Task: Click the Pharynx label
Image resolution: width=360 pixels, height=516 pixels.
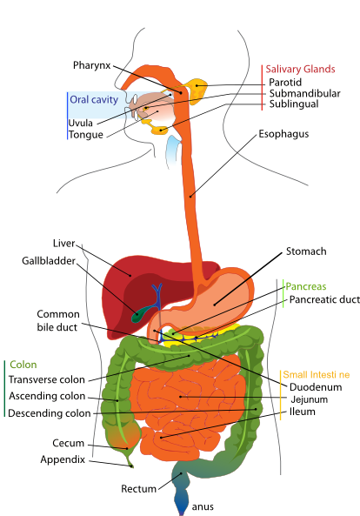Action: pos(91,65)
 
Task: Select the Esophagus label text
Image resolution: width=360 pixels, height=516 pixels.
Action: pos(283,134)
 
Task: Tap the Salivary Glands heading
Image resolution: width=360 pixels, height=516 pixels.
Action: pos(300,69)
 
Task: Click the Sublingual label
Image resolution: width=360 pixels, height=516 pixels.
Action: pos(293,104)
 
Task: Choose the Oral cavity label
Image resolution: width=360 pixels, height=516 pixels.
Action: pos(93,100)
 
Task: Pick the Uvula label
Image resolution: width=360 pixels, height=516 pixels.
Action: pos(81,123)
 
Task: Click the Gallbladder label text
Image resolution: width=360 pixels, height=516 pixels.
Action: pos(49,260)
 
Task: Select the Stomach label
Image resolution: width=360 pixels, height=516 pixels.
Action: pos(306,251)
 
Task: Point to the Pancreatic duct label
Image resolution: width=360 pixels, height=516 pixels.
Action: pos(323,299)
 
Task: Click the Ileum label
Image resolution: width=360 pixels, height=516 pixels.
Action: pos(302,412)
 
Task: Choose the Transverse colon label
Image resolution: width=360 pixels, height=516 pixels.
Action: pos(46,380)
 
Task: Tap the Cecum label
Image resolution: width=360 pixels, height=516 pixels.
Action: pos(68,443)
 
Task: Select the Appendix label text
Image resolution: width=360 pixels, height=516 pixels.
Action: pos(62,459)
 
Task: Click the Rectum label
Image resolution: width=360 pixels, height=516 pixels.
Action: pos(138,488)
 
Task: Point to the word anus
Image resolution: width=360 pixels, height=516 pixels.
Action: pos(202,506)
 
